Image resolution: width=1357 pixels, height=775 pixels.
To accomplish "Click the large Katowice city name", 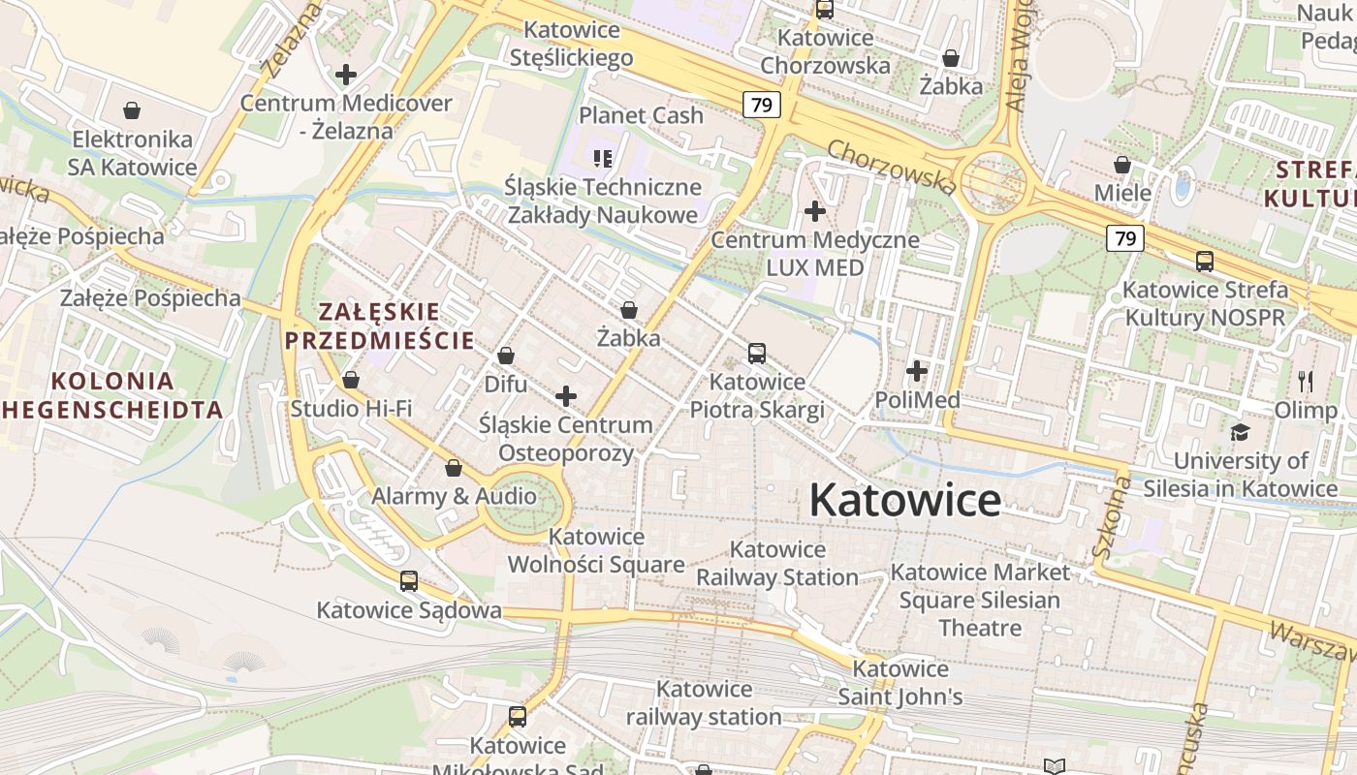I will [x=904, y=500].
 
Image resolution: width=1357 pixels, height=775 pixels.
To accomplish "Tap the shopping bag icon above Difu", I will [x=505, y=356].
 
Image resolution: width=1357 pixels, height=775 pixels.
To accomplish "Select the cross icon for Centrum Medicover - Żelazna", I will [x=346, y=74].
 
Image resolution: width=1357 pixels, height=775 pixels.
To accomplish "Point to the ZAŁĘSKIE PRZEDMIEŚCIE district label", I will [x=379, y=325].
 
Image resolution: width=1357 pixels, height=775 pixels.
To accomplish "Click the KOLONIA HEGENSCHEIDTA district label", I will [x=112, y=394].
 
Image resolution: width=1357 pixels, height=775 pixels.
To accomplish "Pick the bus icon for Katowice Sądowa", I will [x=409, y=581].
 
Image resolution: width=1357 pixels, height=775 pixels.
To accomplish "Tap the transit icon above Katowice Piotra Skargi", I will [x=757, y=354].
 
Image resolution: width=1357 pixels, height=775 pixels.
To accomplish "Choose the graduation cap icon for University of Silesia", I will [x=1240, y=432].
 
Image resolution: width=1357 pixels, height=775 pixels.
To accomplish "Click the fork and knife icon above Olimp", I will [x=1305, y=381].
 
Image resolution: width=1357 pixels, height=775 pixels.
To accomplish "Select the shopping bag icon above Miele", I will [x=1122, y=165].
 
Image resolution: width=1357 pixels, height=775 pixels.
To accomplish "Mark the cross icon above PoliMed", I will [x=917, y=371].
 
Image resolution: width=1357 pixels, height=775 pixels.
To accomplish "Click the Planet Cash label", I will [x=641, y=115].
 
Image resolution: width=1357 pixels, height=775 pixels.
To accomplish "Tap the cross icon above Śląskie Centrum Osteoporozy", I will [x=566, y=395].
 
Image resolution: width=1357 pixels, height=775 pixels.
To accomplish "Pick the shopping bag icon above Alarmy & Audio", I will [x=453, y=469].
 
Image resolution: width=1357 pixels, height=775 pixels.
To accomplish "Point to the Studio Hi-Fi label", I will [x=351, y=409].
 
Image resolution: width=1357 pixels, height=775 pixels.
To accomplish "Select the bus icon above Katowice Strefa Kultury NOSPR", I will [x=1205, y=261].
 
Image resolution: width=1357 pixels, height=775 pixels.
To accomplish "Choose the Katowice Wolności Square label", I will [x=596, y=550].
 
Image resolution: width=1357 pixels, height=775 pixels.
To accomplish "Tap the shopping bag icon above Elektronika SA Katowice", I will [x=132, y=110].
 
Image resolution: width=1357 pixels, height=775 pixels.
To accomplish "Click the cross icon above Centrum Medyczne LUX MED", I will [x=815, y=210].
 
